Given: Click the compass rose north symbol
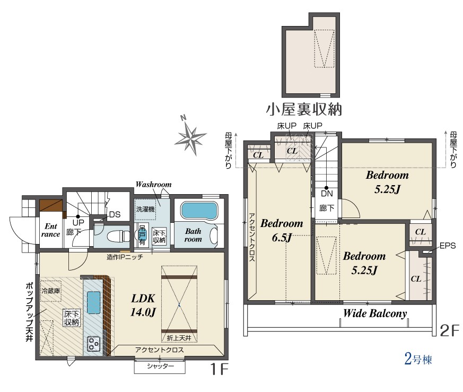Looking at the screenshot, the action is click(x=190, y=136).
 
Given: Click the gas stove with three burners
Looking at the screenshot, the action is click(x=93, y=344).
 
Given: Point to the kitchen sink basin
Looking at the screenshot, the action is click(x=93, y=302).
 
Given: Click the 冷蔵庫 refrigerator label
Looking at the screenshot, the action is click(x=50, y=291).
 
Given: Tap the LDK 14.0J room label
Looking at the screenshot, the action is click(x=143, y=305).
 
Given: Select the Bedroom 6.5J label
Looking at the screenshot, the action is click(x=282, y=230).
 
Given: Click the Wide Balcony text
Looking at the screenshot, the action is click(x=375, y=313).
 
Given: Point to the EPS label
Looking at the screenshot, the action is click(x=448, y=246).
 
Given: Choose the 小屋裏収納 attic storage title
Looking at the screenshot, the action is click(x=304, y=109).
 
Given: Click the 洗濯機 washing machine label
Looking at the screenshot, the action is click(x=145, y=209).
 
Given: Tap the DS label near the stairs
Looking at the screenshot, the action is click(x=115, y=214).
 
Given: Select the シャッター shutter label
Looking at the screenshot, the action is click(x=160, y=367).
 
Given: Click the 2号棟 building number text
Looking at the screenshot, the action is click(x=418, y=359).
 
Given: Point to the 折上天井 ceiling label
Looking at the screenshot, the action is click(x=179, y=338).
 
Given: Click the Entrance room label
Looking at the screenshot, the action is click(x=50, y=230).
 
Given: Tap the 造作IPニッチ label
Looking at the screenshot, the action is click(x=125, y=257).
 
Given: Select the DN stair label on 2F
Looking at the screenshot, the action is click(x=327, y=194).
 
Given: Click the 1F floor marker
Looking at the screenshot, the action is click(x=220, y=369).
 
